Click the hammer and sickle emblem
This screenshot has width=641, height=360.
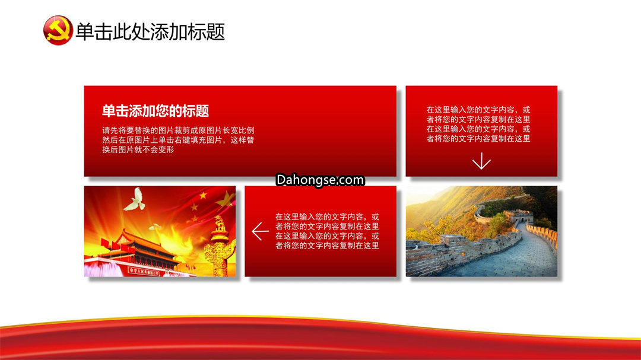click(58, 30)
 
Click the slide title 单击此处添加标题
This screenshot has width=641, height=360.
click(150, 32)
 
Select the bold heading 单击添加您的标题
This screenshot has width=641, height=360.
click(156, 111)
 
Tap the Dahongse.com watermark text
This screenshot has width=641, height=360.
click(320, 180)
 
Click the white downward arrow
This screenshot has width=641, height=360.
click(481, 161)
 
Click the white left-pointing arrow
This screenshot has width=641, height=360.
click(260, 231)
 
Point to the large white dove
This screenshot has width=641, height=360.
click(135, 200)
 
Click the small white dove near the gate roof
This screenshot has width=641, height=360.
click(155, 227)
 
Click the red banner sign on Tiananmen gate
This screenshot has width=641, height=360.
click(144, 271)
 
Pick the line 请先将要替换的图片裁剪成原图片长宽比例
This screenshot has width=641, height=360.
click(178, 130)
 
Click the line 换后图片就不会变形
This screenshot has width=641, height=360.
click(138, 149)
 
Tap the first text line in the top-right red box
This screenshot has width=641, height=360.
click(478, 110)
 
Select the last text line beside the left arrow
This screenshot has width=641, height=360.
click(327, 246)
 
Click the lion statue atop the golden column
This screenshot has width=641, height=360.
click(220, 224)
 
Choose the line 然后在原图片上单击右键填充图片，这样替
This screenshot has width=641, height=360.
click(178, 140)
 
